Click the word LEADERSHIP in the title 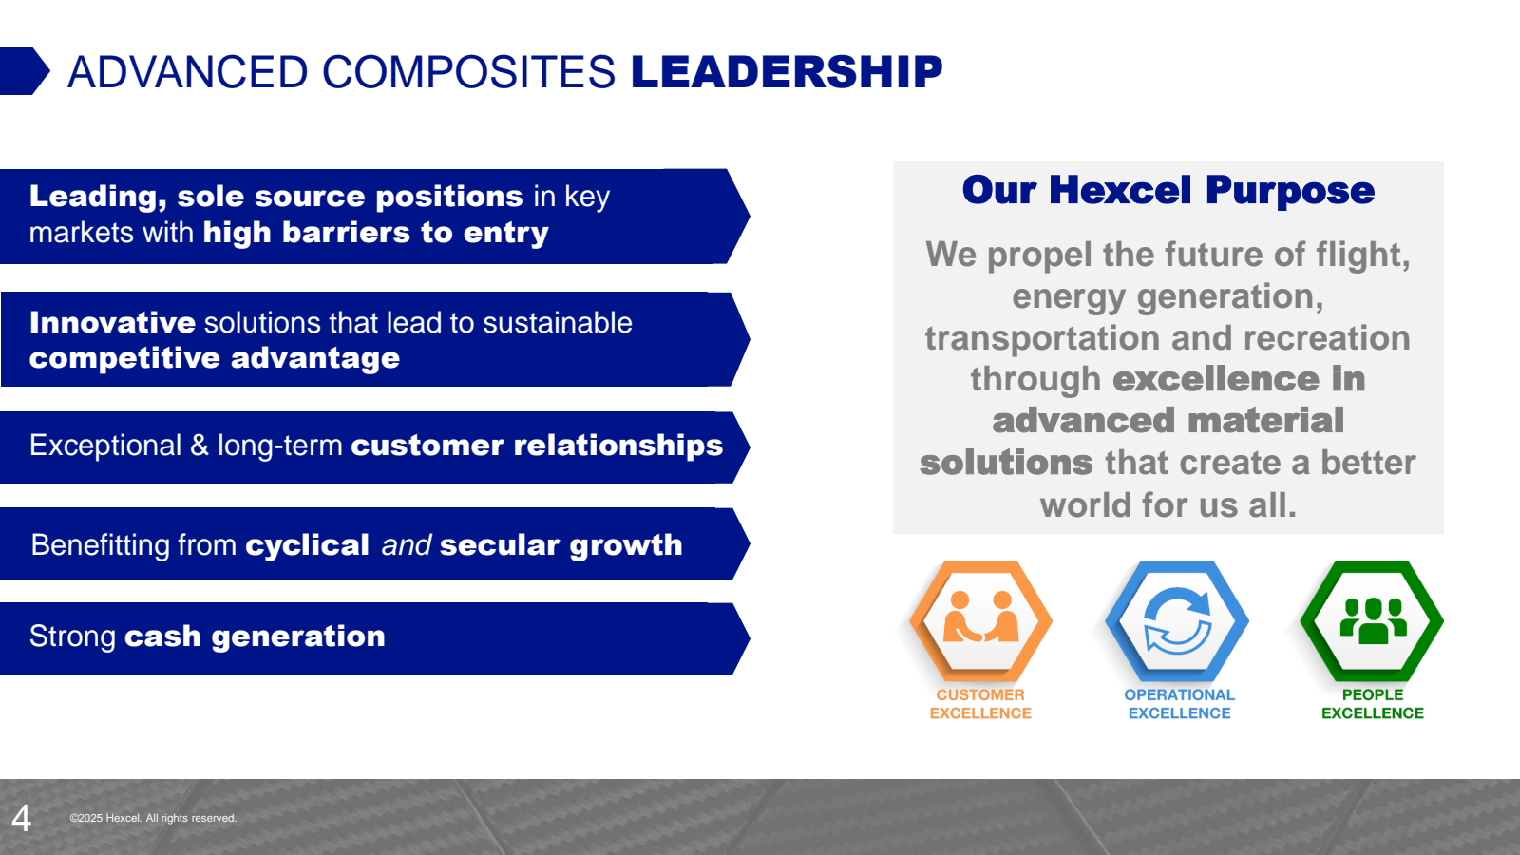[786, 72]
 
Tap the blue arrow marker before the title [23, 70]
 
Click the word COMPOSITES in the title [468, 72]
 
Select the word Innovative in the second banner [112, 323]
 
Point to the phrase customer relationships [537, 446]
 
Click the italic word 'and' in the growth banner [406, 545]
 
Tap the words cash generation [255, 636]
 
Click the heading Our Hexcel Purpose [1168, 191]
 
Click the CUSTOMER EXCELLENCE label [980, 704]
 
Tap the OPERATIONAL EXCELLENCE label [1179, 704]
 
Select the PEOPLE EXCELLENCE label [1372, 704]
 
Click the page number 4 [21, 818]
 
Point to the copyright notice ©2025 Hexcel [153, 818]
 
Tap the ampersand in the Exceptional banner [199, 446]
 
